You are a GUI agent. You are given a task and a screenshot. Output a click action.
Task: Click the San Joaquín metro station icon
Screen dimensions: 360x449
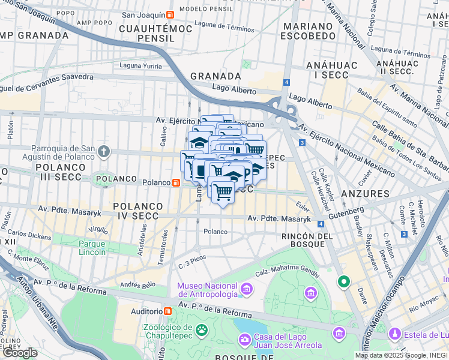click(x=170, y=14)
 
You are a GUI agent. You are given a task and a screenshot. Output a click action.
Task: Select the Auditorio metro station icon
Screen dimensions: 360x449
click(x=167, y=311)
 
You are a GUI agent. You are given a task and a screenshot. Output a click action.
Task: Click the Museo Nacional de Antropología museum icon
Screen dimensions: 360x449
click(x=246, y=290)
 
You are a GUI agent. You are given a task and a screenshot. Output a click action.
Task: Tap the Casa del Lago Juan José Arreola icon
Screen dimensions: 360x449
click(x=244, y=340)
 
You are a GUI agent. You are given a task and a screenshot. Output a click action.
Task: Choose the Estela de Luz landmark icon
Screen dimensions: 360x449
click(x=394, y=333)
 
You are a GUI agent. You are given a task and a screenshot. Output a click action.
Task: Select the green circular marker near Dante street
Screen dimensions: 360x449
click(x=343, y=281)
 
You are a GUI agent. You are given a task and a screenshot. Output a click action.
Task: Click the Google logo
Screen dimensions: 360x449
click(x=20, y=352)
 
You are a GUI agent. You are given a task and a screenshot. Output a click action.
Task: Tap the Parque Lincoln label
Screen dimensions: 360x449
click(x=92, y=248)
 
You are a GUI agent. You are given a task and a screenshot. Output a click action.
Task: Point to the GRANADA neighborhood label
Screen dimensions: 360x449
click(x=215, y=76)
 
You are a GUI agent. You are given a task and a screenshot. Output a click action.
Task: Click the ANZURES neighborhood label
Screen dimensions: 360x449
click(x=365, y=194)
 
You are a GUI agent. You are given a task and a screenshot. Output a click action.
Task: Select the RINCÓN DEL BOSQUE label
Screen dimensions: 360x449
click(x=307, y=240)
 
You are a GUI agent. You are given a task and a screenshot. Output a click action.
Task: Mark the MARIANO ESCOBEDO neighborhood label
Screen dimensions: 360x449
click(x=309, y=31)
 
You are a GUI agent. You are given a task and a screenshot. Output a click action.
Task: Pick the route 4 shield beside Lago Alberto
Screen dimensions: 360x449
click(x=287, y=82)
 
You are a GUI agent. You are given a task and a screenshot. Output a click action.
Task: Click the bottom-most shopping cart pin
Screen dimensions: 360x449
click(x=222, y=193)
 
